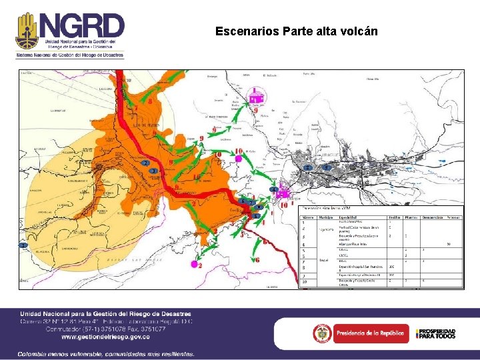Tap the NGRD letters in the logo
coord(80,27)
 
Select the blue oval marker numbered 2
coord(145,163)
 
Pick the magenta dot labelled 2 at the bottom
coord(194,265)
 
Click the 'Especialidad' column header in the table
coord(352,217)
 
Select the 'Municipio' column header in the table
coord(326,217)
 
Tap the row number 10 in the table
coord(305,282)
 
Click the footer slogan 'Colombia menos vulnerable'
coord(107,353)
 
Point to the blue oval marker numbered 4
coord(274,190)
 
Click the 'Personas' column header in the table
coord(453,217)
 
